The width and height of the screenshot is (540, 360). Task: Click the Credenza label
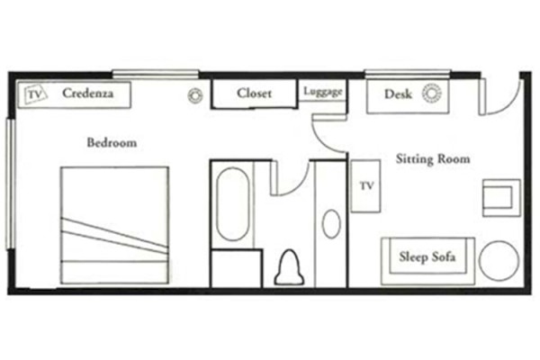tap(87, 94)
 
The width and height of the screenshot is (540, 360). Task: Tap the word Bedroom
tap(112, 142)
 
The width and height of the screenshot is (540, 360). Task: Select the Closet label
tap(255, 93)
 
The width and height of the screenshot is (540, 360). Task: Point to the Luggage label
tap(322, 92)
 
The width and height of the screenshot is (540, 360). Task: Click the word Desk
tap(397, 94)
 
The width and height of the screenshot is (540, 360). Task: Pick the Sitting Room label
tap(433, 159)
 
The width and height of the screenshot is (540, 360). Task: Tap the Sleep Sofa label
tap(427, 257)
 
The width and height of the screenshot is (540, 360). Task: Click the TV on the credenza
tap(35, 94)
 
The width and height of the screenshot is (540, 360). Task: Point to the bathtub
tap(233, 204)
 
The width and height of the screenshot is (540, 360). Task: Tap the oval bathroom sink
tap(331, 223)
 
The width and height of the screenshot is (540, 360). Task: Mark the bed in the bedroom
tap(114, 225)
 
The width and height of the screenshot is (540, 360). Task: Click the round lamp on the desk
tap(433, 94)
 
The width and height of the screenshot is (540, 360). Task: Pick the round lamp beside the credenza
tap(193, 96)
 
